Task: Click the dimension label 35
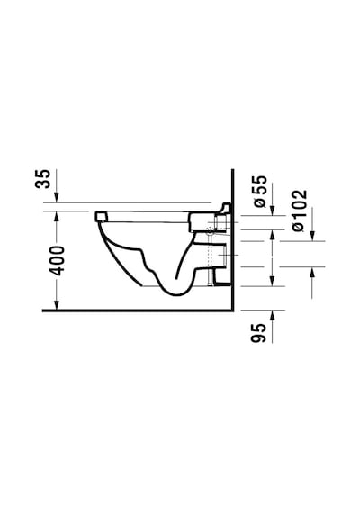pos(43,178)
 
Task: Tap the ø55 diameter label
pos(260,192)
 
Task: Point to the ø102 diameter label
pos(300,211)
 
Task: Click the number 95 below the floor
pos(258,333)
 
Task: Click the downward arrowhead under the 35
pos(57,197)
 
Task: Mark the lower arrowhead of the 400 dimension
pos(57,304)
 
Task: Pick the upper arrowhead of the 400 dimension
pos(57,217)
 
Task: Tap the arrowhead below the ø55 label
pos(273,211)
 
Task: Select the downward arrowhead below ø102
pos(312,236)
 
